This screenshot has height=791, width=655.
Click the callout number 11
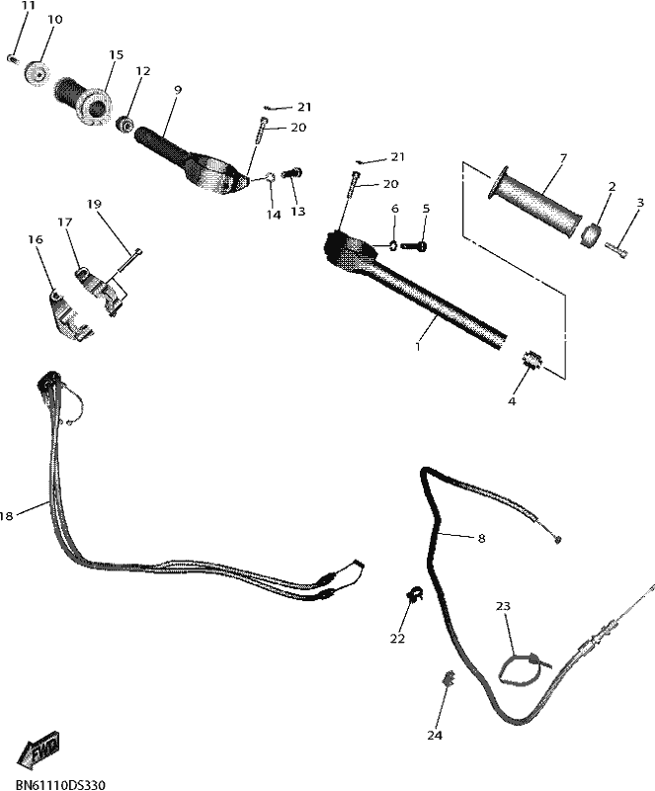29,6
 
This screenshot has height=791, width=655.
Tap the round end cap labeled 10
37,73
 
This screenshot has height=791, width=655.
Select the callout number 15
116,54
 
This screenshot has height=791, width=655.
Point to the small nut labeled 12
124,124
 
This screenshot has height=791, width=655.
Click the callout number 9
177,90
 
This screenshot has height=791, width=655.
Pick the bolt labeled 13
293,174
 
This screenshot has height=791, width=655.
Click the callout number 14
274,215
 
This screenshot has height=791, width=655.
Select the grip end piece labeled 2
591,236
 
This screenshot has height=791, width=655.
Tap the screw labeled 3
617,250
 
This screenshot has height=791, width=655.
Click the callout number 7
563,159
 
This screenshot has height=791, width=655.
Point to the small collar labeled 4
531,360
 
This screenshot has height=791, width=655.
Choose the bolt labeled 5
415,246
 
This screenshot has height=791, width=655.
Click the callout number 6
395,209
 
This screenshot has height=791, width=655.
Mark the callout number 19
94,204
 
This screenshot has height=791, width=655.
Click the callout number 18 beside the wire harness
6,515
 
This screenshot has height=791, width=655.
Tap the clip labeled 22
414,595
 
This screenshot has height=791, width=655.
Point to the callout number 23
503,606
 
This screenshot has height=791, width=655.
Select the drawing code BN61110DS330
60,785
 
